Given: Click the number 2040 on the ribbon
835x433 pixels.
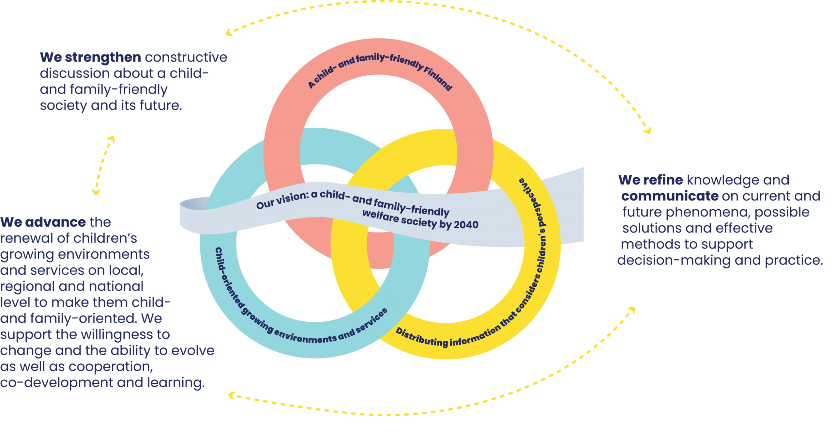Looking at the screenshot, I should click(466, 225).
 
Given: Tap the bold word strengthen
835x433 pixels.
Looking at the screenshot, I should click(103, 57).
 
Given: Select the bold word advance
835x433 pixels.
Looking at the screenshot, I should click(55, 222).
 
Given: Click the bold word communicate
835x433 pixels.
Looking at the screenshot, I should click(670, 196).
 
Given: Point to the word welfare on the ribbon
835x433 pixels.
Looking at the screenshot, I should click(380, 215).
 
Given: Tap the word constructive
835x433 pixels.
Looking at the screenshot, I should click(186, 57).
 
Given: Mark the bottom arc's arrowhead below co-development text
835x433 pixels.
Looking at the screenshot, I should click(231, 395).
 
